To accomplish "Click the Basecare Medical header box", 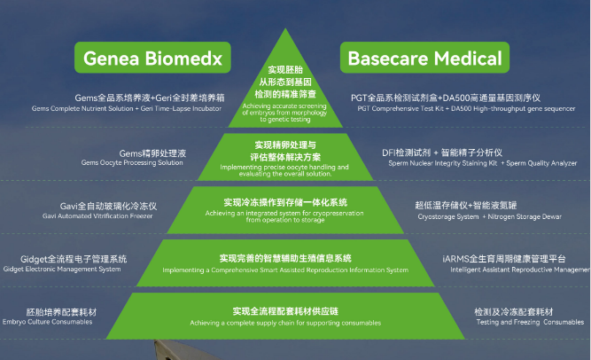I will coord(424,60).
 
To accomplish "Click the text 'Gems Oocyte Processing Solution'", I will coord(132,163).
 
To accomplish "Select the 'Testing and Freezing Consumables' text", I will coord(528,322).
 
